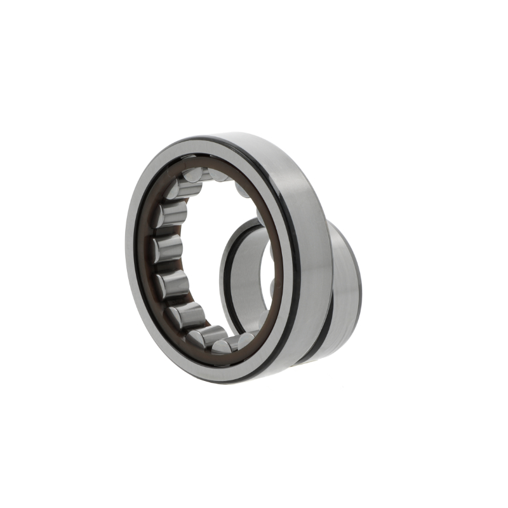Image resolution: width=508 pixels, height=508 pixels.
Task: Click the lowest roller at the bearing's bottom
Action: coord(225,346)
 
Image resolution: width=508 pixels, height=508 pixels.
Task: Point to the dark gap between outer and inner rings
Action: coord(327,330)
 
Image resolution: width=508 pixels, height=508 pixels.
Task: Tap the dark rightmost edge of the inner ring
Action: coord(359,286)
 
